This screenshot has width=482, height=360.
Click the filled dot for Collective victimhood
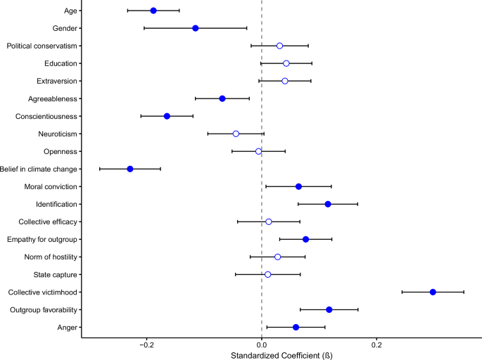[x=433, y=292]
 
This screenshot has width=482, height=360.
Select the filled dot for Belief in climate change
[x=130, y=169]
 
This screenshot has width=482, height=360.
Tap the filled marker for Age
[x=153, y=11]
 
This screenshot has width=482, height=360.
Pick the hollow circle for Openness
[x=259, y=151]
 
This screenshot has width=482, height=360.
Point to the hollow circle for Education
[x=286, y=63]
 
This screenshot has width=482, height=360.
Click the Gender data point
[x=196, y=28]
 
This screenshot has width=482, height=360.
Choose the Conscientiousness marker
[x=167, y=116]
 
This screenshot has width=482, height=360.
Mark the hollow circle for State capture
[x=267, y=274]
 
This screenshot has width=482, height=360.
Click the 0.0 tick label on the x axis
[x=262, y=345]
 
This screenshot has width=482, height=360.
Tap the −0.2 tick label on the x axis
[x=146, y=345]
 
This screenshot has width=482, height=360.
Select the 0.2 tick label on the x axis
[x=376, y=345]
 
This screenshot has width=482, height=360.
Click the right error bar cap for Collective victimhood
[x=464, y=292]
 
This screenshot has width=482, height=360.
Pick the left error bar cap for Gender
[x=144, y=28]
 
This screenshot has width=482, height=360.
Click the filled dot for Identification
[x=328, y=204]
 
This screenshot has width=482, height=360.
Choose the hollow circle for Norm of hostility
[x=278, y=257]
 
